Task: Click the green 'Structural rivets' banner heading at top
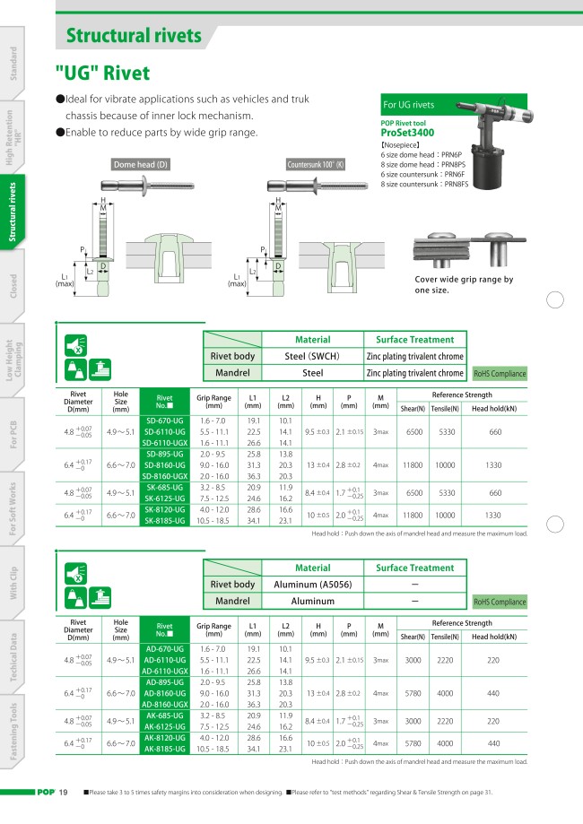(135, 36)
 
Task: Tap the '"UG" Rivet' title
(102, 74)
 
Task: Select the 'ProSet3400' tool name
(413, 132)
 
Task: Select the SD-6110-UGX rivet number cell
(165, 442)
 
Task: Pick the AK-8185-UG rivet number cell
(165, 747)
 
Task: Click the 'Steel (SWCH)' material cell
(312, 356)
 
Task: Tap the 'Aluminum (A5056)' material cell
(312, 585)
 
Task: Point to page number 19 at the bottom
(64, 794)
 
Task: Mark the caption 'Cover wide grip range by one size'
(463, 284)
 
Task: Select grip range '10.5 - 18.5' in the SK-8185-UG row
(213, 518)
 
